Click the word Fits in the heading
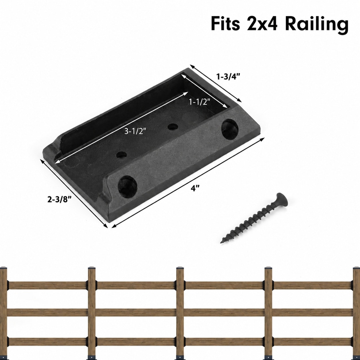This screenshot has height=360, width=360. [225, 24]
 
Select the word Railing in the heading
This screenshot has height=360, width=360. [317, 25]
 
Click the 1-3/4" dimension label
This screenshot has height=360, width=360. [228, 77]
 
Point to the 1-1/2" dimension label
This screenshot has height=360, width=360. [200, 102]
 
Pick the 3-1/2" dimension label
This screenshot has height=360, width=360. [135, 131]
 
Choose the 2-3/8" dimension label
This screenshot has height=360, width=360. [59, 200]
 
